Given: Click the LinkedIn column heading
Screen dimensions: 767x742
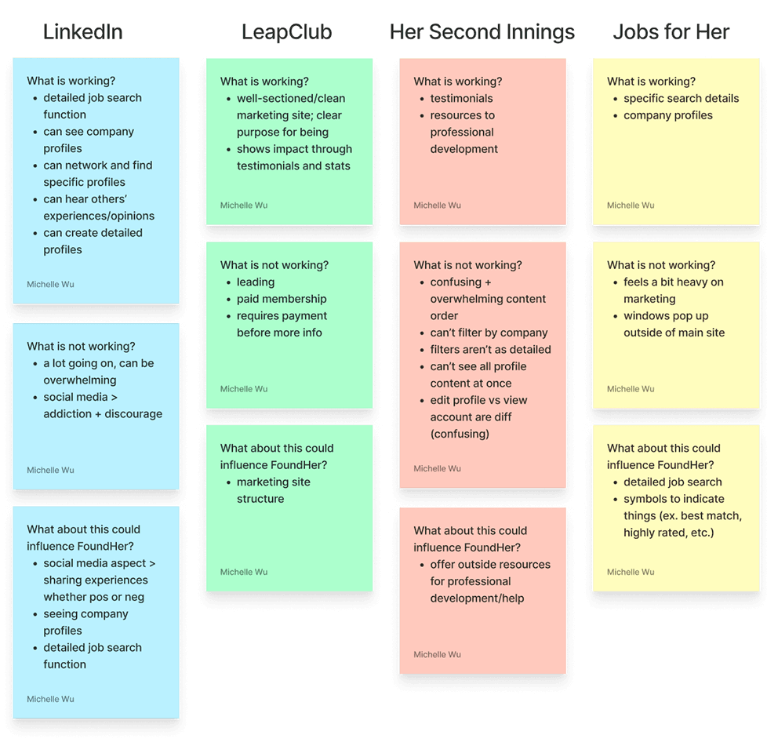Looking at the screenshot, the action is [82, 32].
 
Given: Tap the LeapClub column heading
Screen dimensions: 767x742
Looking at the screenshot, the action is [287, 32].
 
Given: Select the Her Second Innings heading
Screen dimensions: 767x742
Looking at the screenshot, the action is [482, 32].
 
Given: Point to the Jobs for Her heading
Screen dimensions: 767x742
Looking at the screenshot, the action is [671, 32].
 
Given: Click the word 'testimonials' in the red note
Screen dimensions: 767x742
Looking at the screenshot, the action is [461, 98].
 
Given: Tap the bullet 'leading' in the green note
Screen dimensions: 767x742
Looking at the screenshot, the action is [256, 282].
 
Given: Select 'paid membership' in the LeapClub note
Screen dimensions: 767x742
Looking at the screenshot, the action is [282, 299].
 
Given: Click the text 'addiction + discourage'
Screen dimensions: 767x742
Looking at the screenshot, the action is [103, 414].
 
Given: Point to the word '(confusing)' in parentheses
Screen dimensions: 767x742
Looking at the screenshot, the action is [460, 434].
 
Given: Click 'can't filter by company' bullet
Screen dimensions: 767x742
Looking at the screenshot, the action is [489, 333].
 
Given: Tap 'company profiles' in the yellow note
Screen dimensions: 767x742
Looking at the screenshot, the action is [667, 115].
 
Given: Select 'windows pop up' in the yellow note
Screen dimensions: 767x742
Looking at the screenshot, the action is [666, 316].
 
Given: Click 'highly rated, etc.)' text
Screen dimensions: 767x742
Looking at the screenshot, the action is [668, 533].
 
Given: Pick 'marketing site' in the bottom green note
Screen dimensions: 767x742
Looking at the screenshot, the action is [274, 482].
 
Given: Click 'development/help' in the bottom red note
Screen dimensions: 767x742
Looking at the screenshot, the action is [477, 598].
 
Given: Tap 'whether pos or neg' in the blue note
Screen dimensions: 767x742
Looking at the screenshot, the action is [93, 597].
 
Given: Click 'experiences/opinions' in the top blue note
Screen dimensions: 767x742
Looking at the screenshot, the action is [99, 216].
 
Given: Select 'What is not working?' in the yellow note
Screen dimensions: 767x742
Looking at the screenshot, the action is [661, 265].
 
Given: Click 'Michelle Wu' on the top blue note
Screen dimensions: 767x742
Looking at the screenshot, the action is [50, 284].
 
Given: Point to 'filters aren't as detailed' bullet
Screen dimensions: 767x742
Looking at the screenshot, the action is [490, 350].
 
